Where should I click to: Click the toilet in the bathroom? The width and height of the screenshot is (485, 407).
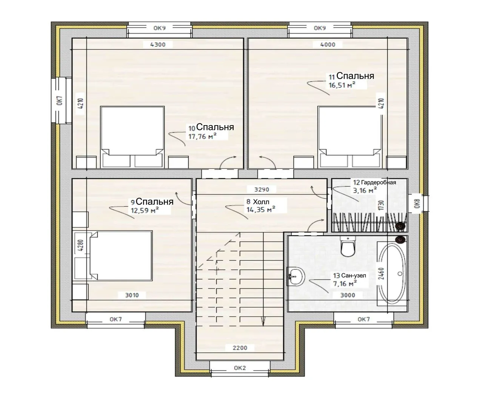(x=348, y=246)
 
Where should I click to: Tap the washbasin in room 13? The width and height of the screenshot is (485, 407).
(x=296, y=277)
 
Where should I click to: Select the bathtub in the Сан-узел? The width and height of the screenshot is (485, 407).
(x=392, y=274)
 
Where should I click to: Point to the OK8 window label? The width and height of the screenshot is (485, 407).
(x=417, y=203)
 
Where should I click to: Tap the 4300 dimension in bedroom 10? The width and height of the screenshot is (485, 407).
(x=158, y=44)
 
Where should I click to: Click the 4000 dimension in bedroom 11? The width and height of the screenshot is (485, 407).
(x=328, y=44)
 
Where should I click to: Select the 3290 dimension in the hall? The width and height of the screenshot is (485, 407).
(x=262, y=190)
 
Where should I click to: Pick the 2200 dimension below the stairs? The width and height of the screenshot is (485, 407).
(x=240, y=348)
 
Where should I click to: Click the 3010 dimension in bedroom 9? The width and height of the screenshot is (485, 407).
(x=132, y=295)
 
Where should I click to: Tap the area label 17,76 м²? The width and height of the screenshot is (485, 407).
(x=202, y=136)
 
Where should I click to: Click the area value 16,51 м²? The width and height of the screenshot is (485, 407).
(x=342, y=85)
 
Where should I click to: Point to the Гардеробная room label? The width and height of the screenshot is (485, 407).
(x=379, y=182)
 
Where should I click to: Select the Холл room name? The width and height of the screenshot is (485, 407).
(x=261, y=202)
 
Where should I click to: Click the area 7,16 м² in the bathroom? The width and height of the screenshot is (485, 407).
(x=345, y=283)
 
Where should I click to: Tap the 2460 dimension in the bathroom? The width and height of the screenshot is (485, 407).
(x=381, y=274)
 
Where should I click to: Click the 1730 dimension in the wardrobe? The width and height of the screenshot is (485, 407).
(x=381, y=205)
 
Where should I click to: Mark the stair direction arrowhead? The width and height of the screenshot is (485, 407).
(x=263, y=321)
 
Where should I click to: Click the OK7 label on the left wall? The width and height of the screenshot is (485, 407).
(x=60, y=100)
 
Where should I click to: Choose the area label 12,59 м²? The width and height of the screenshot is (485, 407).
(x=145, y=210)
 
